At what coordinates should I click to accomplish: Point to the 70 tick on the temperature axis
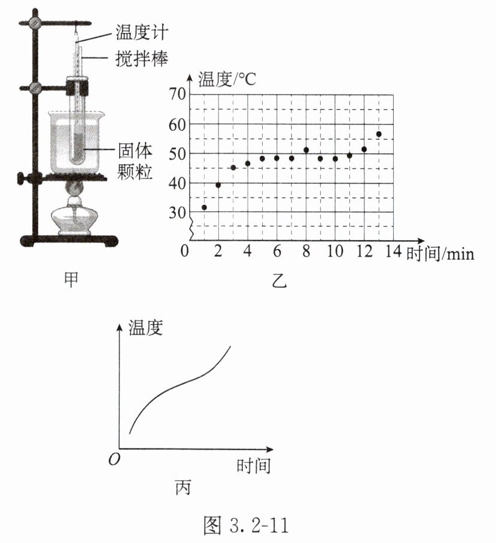[178, 94]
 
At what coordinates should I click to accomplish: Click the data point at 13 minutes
[379, 134]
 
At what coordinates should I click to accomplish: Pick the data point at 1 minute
[204, 207]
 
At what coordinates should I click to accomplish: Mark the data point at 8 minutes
[306, 150]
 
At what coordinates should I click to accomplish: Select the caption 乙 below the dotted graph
[279, 280]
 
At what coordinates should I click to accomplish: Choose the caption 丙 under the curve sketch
[182, 488]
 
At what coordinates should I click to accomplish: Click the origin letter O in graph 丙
[112, 460]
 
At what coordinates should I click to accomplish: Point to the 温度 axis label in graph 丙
[147, 328]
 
